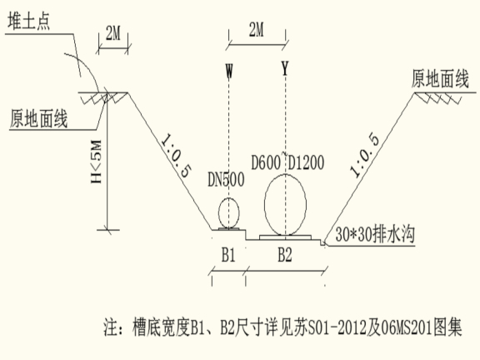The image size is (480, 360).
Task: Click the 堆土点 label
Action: [29, 21]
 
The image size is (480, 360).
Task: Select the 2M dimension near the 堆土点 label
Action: [113, 33]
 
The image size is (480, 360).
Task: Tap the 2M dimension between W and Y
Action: [257, 30]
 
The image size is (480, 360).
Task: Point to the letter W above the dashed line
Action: [229, 71]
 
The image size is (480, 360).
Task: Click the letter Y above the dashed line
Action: [285, 68]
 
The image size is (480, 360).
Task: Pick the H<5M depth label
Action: [96, 162]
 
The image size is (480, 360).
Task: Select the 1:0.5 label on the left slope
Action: [176, 156]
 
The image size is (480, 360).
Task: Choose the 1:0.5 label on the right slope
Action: [365, 156]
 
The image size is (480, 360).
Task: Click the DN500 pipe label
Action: [226, 179]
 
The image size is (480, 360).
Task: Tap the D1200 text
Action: [306, 162]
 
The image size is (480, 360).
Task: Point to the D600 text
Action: [266, 162]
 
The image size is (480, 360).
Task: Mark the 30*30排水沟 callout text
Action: [375, 235]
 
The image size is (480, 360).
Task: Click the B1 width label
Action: [228, 255]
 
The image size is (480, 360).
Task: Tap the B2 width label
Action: [285, 255]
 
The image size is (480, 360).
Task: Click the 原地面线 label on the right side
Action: [440, 78]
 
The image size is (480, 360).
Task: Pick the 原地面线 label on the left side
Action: [38, 118]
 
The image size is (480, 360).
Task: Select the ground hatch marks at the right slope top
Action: [438, 98]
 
